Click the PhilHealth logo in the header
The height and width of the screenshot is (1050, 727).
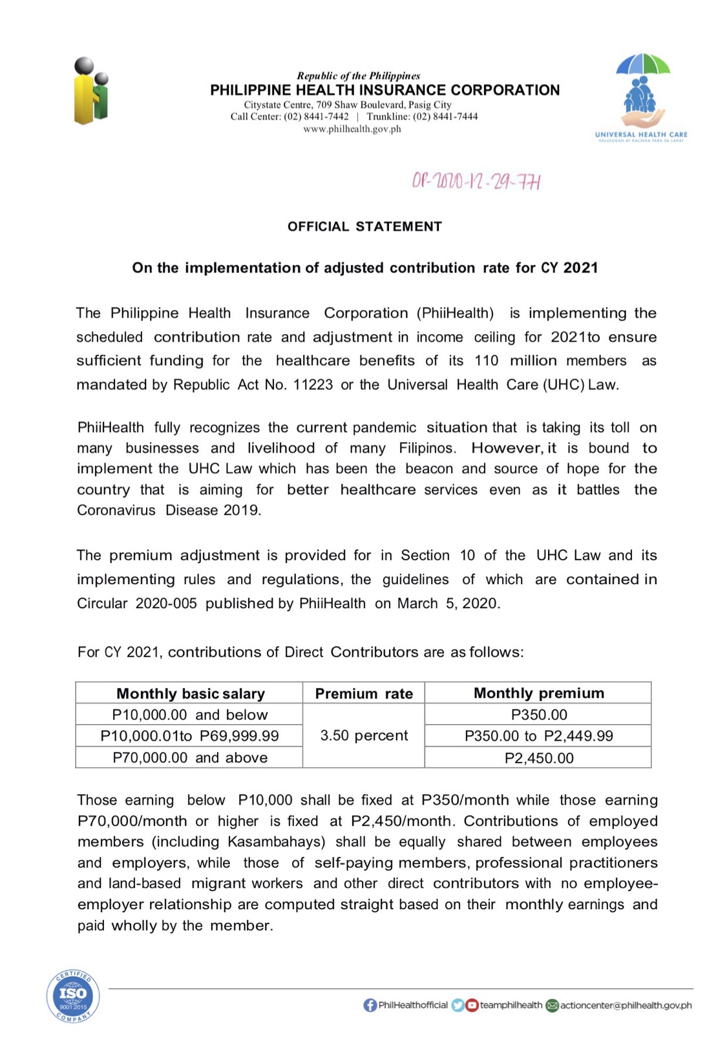90,91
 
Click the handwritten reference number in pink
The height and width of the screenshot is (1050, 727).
476,182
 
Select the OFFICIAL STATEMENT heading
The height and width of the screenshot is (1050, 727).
364,227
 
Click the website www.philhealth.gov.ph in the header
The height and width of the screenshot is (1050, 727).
352,129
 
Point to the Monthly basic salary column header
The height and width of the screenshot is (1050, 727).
190,693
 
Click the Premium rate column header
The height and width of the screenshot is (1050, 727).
363,693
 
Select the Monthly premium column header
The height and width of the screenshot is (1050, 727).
538,693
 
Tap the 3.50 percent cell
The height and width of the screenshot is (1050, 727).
364,735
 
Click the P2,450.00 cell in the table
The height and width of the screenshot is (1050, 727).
538,758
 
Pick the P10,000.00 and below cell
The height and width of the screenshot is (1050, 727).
189,715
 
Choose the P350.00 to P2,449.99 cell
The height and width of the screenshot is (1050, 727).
538,736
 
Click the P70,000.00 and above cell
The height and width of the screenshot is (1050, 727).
189,757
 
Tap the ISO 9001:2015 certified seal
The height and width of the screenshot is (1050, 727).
73,996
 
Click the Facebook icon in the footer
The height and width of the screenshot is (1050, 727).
370,1005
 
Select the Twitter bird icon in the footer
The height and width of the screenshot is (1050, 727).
458,1005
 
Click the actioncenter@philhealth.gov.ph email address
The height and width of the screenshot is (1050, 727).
626,1005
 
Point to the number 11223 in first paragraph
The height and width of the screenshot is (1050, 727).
313,385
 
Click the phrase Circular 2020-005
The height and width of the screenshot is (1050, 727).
136,604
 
